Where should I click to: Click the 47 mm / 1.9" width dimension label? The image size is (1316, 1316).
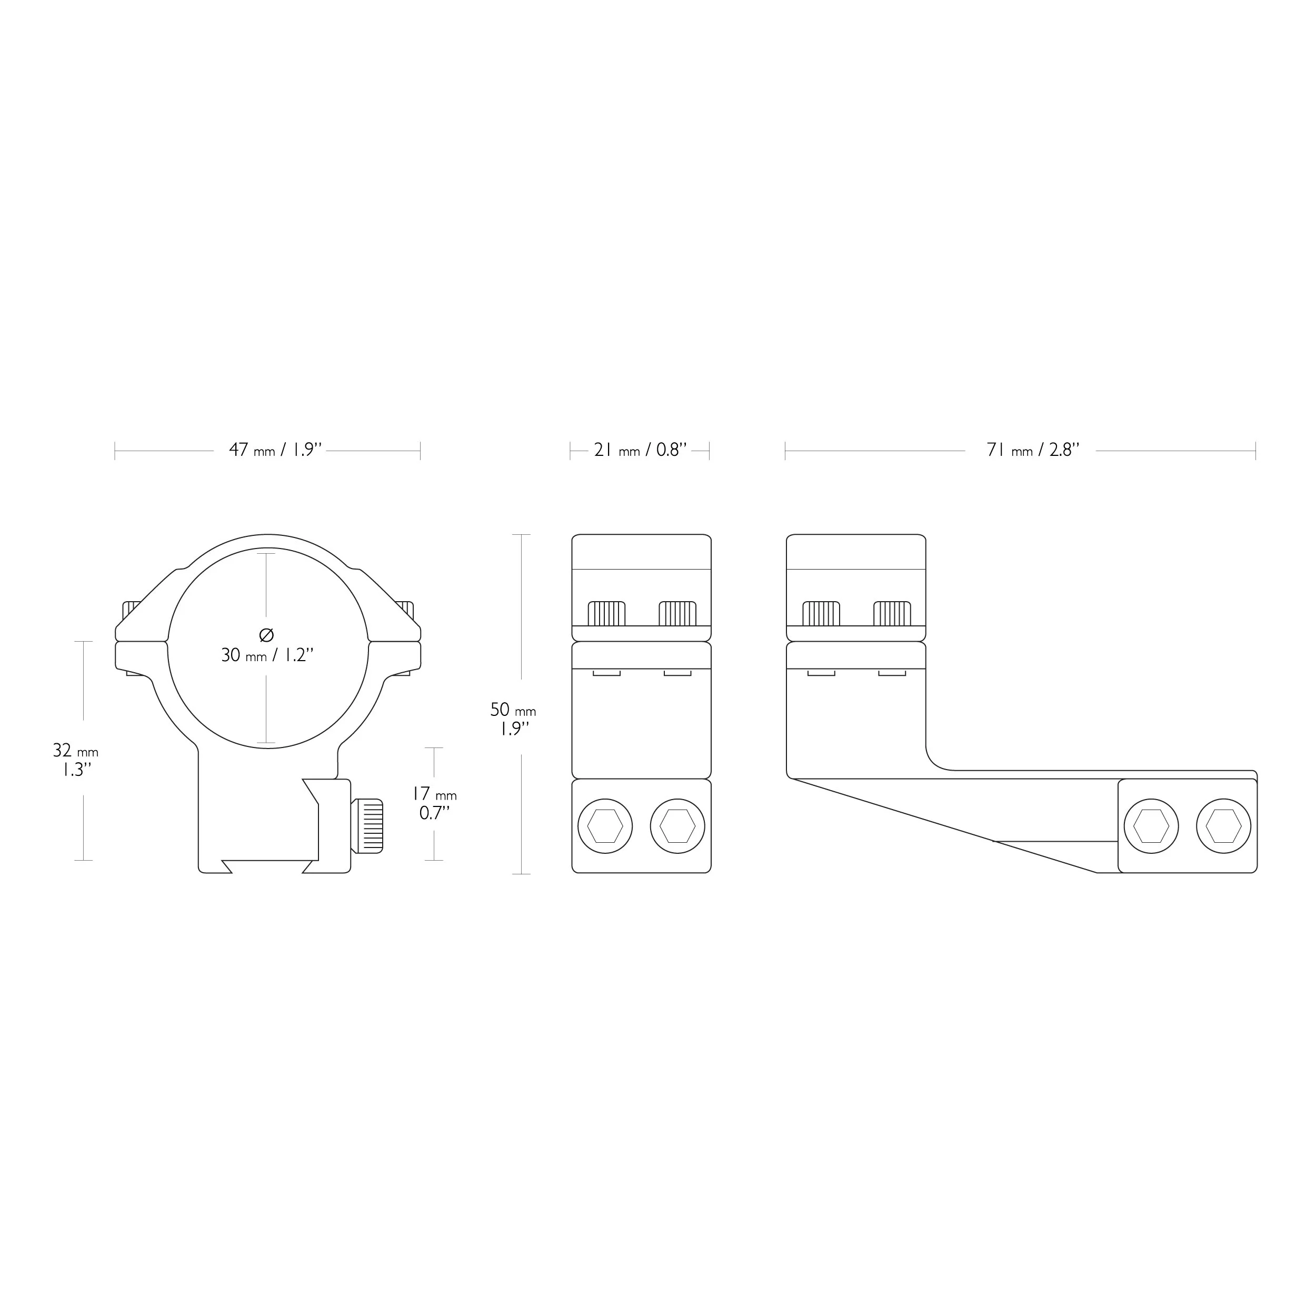[x=275, y=450]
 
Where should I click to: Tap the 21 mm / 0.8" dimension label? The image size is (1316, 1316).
[x=640, y=450]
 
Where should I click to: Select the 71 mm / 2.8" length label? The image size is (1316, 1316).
[x=1033, y=450]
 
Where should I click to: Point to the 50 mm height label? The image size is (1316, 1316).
[x=513, y=719]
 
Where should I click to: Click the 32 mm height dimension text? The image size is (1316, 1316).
[x=76, y=760]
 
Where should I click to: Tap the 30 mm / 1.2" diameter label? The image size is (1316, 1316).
[x=267, y=655]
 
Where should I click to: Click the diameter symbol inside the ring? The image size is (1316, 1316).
[x=267, y=635]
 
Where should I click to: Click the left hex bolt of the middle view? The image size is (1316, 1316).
[x=605, y=826]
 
